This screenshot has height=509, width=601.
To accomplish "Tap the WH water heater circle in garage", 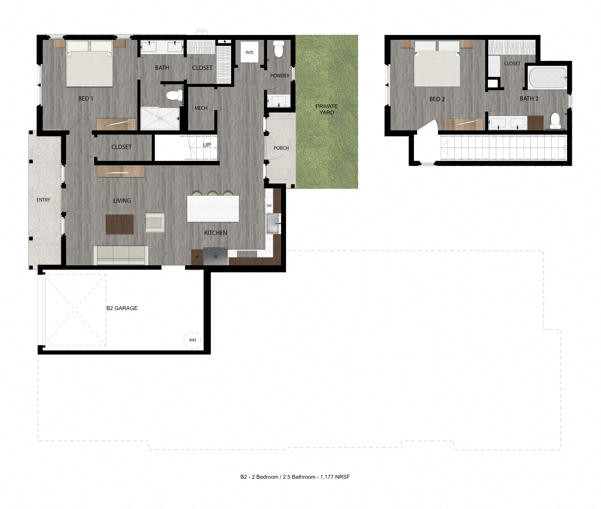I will pyautogui.click(x=193, y=340).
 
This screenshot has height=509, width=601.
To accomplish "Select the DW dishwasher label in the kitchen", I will pyautogui.click(x=269, y=206).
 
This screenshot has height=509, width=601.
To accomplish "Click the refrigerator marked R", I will pyautogui.click(x=216, y=257).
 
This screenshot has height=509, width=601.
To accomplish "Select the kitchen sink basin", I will pyautogui.click(x=273, y=223).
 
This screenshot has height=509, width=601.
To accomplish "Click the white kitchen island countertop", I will pyautogui.click(x=213, y=209).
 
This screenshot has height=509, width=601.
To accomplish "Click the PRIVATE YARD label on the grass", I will pyautogui.click(x=327, y=109).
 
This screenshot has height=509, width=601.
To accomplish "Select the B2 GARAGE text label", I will pyautogui.click(x=122, y=308).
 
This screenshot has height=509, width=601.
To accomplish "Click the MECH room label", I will pyautogui.click(x=201, y=108).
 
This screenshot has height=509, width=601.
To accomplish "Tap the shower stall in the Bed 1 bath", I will pyautogui.click(x=160, y=118).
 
